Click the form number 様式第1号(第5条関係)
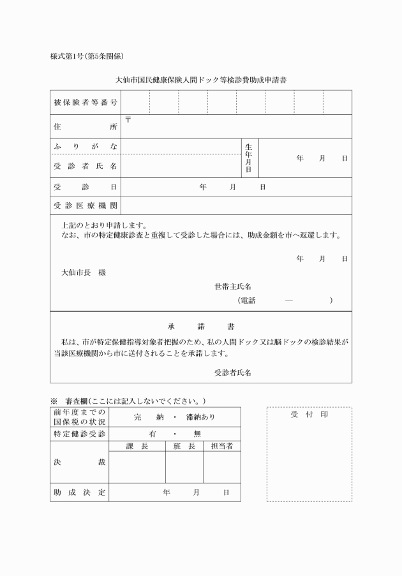pyautogui.click(x=91, y=56)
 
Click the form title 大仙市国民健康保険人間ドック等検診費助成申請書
pyautogui.click(x=200, y=81)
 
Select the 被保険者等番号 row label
pyautogui.click(x=86, y=103)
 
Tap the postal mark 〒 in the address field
pyautogui.click(x=128, y=119)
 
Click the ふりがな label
pyautogui.click(x=86, y=147)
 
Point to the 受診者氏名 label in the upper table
pyautogui.click(x=86, y=166)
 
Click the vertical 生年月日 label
pyautogui.click(x=249, y=158)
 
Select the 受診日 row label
pyautogui.click(x=86, y=187)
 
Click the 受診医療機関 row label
pyautogui.click(x=86, y=205)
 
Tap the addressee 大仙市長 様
pyautogui.click(x=83, y=272)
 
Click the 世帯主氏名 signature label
pyautogui.click(x=233, y=287)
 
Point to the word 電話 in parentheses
pyautogui.click(x=247, y=300)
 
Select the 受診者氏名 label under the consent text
pyautogui.click(x=232, y=373)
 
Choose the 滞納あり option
pyautogui.click(x=201, y=417)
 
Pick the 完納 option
pyautogui.click(x=146, y=417)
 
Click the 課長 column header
pyautogui.click(x=137, y=447)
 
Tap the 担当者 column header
pyautogui.click(x=221, y=447)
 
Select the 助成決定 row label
pyautogui.click(x=79, y=492)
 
